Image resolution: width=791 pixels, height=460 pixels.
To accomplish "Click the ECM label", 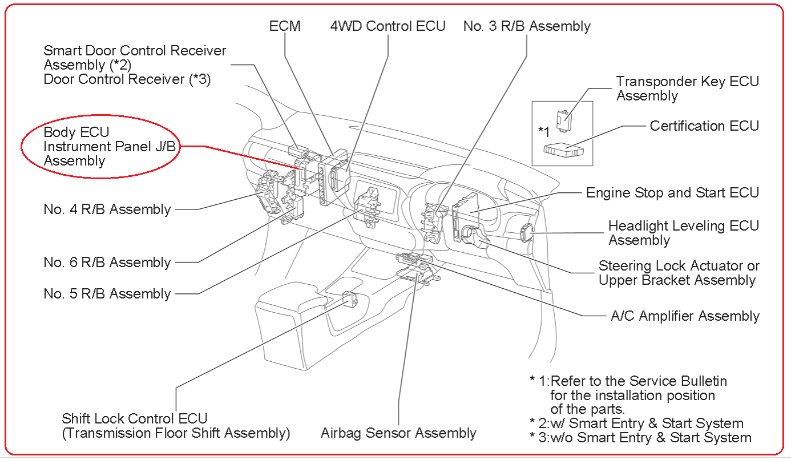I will [x=285, y=26].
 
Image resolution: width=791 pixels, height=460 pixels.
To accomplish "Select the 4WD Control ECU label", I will [x=388, y=26].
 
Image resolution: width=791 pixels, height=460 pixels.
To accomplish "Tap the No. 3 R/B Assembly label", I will [x=526, y=26].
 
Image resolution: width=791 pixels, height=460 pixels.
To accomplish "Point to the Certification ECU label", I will [x=704, y=126].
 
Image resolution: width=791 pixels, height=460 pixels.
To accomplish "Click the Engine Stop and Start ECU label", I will [x=672, y=192].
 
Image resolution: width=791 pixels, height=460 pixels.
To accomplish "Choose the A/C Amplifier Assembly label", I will [x=685, y=316].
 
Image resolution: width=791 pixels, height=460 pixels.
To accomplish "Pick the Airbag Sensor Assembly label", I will [x=398, y=433].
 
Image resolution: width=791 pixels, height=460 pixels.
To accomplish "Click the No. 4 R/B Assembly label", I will [x=107, y=209].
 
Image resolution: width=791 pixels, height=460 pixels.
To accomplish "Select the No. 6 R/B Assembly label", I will [x=107, y=263].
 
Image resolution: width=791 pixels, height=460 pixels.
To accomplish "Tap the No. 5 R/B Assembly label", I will [x=107, y=294].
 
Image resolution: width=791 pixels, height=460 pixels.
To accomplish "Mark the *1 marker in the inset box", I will [x=544, y=131].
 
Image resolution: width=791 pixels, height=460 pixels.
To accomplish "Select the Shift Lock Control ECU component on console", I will [x=349, y=298].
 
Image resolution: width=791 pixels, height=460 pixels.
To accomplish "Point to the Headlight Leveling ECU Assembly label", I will [x=683, y=233].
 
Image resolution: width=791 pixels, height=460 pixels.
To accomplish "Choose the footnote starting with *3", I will [x=640, y=438].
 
